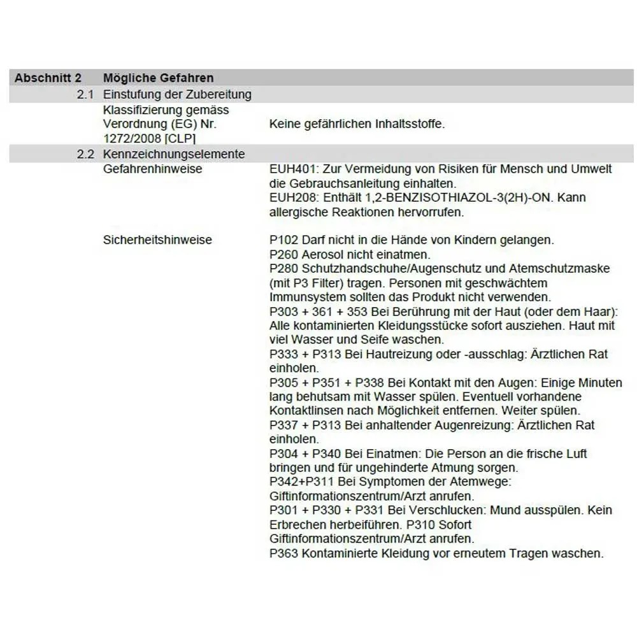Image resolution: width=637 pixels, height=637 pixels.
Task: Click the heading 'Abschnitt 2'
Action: [48, 78]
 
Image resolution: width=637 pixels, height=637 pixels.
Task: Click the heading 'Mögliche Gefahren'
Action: [158, 78]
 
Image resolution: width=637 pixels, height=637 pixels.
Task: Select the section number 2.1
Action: [85, 94]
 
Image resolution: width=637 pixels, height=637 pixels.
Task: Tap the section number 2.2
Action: [85, 154]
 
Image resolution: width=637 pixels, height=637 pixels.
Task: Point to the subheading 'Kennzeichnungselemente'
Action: [173, 154]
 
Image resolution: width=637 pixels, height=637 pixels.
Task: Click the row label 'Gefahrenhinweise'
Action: [152, 169]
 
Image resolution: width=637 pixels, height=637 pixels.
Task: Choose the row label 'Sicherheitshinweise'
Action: [157, 240]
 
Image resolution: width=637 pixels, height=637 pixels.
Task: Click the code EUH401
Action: [293, 169]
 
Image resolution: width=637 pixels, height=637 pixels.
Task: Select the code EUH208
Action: [293, 198]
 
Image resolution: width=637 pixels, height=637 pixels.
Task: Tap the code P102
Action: [283, 240]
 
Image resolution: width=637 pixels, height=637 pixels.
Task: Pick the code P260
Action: [283, 254]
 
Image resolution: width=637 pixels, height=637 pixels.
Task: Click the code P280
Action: [283, 268]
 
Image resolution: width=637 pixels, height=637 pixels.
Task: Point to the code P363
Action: [283, 553]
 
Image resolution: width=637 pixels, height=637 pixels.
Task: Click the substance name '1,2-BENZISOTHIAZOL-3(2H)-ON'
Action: [441, 198]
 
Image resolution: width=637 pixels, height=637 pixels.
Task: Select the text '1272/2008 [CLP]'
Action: [149, 138]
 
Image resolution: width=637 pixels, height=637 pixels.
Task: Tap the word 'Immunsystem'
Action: [304, 297]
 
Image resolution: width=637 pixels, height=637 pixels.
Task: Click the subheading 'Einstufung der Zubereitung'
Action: [176, 94]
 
